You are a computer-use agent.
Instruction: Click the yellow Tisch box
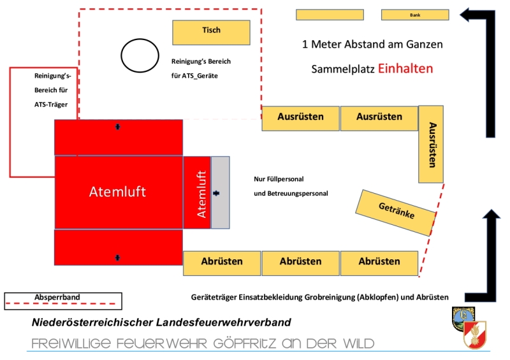point(211,32)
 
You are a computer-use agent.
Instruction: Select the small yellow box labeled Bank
point(415,15)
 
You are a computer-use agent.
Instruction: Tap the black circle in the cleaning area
point(140,55)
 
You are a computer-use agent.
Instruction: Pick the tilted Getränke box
point(397,212)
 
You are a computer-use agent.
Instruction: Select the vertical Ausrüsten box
point(431,144)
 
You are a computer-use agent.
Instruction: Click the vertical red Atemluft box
point(196,192)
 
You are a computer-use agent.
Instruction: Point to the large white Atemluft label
point(117,192)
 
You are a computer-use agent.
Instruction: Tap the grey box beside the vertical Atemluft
point(220,192)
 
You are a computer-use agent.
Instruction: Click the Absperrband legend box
point(62,299)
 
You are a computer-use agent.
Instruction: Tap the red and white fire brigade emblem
point(475,335)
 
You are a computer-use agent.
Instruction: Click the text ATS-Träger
point(51,103)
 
